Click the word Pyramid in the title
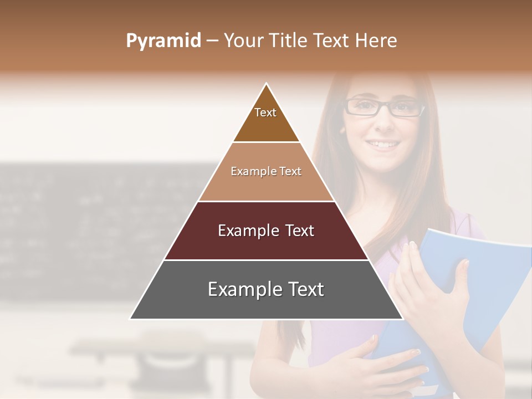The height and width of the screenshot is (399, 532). (163, 40)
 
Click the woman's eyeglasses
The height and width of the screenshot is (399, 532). (383, 106)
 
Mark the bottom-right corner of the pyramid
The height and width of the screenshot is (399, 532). (402, 319)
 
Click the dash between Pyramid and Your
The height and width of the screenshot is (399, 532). (212, 41)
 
